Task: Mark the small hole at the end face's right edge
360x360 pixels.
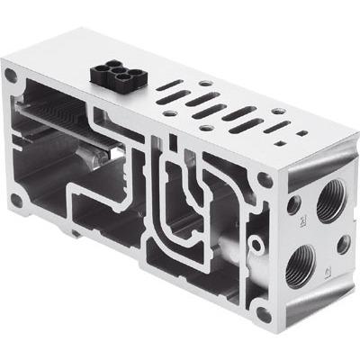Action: [342, 242]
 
